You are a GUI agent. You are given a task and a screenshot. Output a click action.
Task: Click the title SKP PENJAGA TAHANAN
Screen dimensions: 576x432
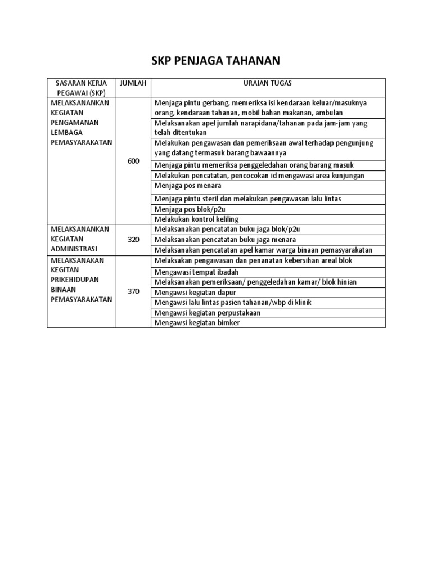pos(216,60)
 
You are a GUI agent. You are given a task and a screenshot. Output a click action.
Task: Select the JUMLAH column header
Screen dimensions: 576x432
pos(133,83)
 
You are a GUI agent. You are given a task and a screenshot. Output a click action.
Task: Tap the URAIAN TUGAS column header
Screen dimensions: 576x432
pos(268,83)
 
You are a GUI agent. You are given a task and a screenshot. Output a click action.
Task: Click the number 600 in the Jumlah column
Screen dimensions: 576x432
pos(133,161)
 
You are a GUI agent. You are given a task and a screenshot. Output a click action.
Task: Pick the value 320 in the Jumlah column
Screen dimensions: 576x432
pos(133,240)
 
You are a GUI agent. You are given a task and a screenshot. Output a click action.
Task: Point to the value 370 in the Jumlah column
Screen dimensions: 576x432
pos(133,291)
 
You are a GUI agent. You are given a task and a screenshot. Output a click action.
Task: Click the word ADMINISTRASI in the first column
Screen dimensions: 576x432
pos(74,249)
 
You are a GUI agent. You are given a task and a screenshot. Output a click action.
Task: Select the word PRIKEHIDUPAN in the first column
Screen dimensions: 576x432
pos(74,280)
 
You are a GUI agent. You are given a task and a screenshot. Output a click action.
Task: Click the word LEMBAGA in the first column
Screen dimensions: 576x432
pos(66,132)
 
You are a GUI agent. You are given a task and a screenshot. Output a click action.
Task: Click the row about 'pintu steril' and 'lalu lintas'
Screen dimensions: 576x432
pos(247,199)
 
